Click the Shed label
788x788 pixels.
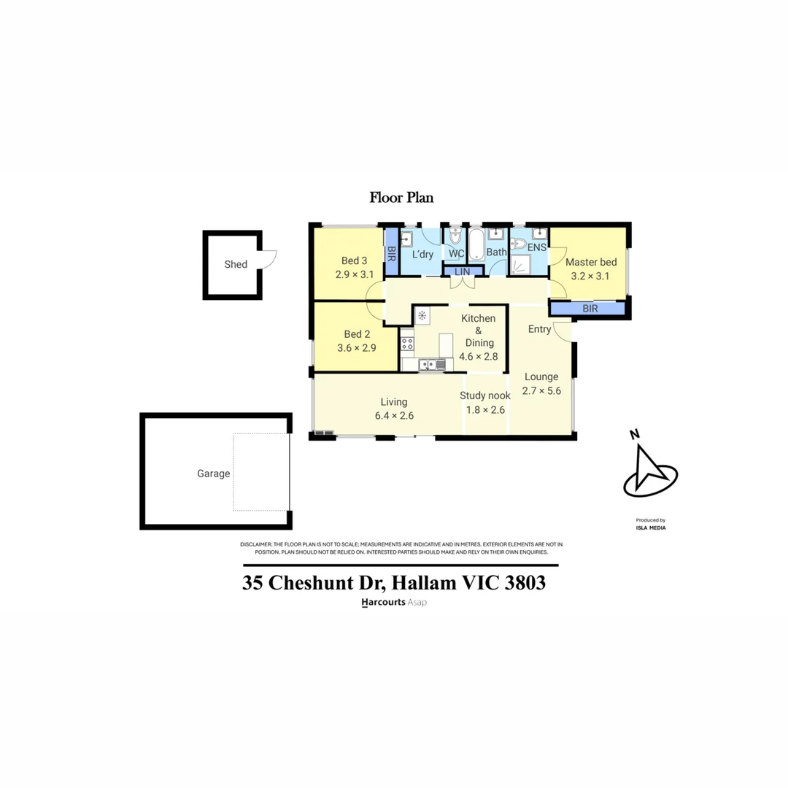[x=236, y=264]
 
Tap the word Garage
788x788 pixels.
[x=213, y=474]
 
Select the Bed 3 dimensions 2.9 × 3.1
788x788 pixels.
[x=355, y=274]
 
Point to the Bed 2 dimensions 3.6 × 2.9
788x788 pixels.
[x=356, y=348]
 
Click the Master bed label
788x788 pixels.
[x=591, y=262]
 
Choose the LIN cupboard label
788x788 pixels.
[x=461, y=271]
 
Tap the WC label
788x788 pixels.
[x=456, y=253]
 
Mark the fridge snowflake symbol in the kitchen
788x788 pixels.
[x=422, y=315]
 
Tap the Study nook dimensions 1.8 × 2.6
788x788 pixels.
[x=485, y=409]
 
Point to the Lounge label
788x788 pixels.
[x=540, y=377]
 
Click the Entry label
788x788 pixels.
[x=539, y=329]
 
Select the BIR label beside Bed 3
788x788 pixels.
[x=391, y=254]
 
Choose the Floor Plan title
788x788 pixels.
[x=401, y=197]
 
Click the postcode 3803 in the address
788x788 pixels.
[x=521, y=584]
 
